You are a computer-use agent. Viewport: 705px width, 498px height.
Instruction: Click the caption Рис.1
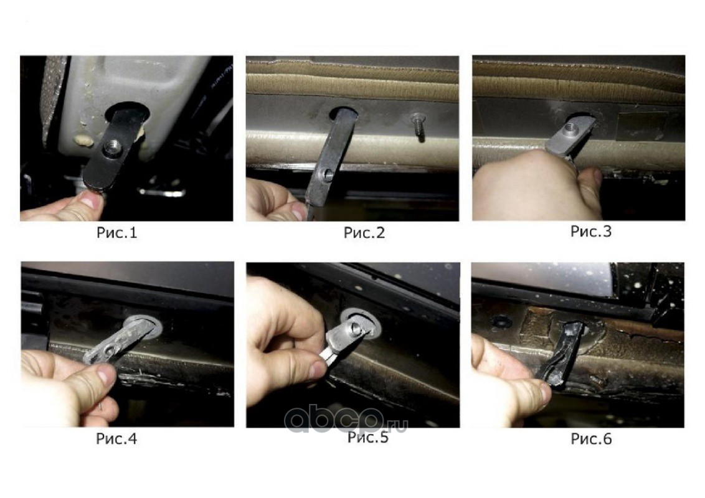(x=116, y=232)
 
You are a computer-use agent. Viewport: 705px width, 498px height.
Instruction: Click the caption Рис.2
(x=364, y=232)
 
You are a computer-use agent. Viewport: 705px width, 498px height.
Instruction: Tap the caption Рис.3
(x=591, y=231)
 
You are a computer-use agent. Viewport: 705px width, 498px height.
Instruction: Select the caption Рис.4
(x=116, y=438)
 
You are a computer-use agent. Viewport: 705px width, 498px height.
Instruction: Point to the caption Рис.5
(x=368, y=437)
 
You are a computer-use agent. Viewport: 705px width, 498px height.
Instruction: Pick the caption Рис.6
(x=591, y=439)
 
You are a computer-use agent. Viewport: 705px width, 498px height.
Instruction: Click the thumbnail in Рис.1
(x=92, y=200)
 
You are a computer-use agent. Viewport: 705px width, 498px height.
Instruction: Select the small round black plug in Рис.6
(x=501, y=321)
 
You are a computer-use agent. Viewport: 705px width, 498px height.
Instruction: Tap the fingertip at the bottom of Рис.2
(x=296, y=210)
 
